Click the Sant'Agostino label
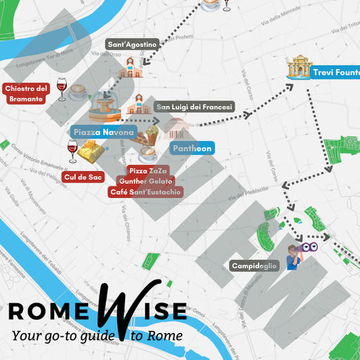pos(132,45)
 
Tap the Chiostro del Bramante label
pos(26,94)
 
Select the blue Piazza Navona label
pos(103,132)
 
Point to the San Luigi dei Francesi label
pos(194,107)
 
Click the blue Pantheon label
pos(192,148)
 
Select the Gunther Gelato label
pos(145,182)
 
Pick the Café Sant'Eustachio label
pos(145,192)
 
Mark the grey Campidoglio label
pos(254,266)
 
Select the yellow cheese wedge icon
pos(90,153)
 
